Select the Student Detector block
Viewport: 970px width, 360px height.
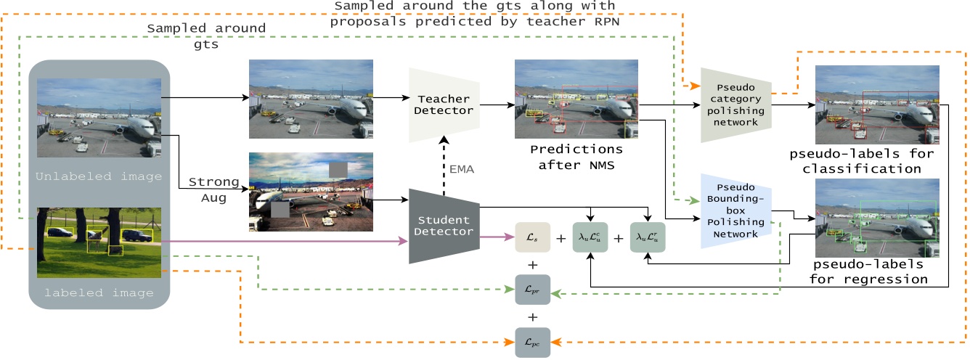pyautogui.click(x=443, y=225)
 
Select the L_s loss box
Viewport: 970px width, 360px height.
pyautogui.click(x=532, y=238)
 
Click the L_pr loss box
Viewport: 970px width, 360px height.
pyautogui.click(x=532, y=290)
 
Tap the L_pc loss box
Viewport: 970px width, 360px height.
pyautogui.click(x=532, y=342)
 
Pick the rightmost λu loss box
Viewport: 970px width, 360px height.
pyautogui.click(x=647, y=238)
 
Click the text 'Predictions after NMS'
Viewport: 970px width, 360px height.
pyautogui.click(x=576, y=157)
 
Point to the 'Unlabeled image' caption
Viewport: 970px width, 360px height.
pyautogui.click(x=99, y=176)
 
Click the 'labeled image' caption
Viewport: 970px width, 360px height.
pyautogui.click(x=99, y=293)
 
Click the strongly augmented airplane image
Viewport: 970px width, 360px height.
pyautogui.click(x=311, y=192)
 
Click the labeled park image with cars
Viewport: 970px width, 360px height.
pyautogui.click(x=99, y=243)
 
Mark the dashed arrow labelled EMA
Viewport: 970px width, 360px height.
pyautogui.click(x=444, y=157)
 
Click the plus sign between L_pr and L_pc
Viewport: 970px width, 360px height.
pyautogui.click(x=532, y=316)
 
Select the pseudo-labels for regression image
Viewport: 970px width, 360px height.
pyautogui.click(x=876, y=217)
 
